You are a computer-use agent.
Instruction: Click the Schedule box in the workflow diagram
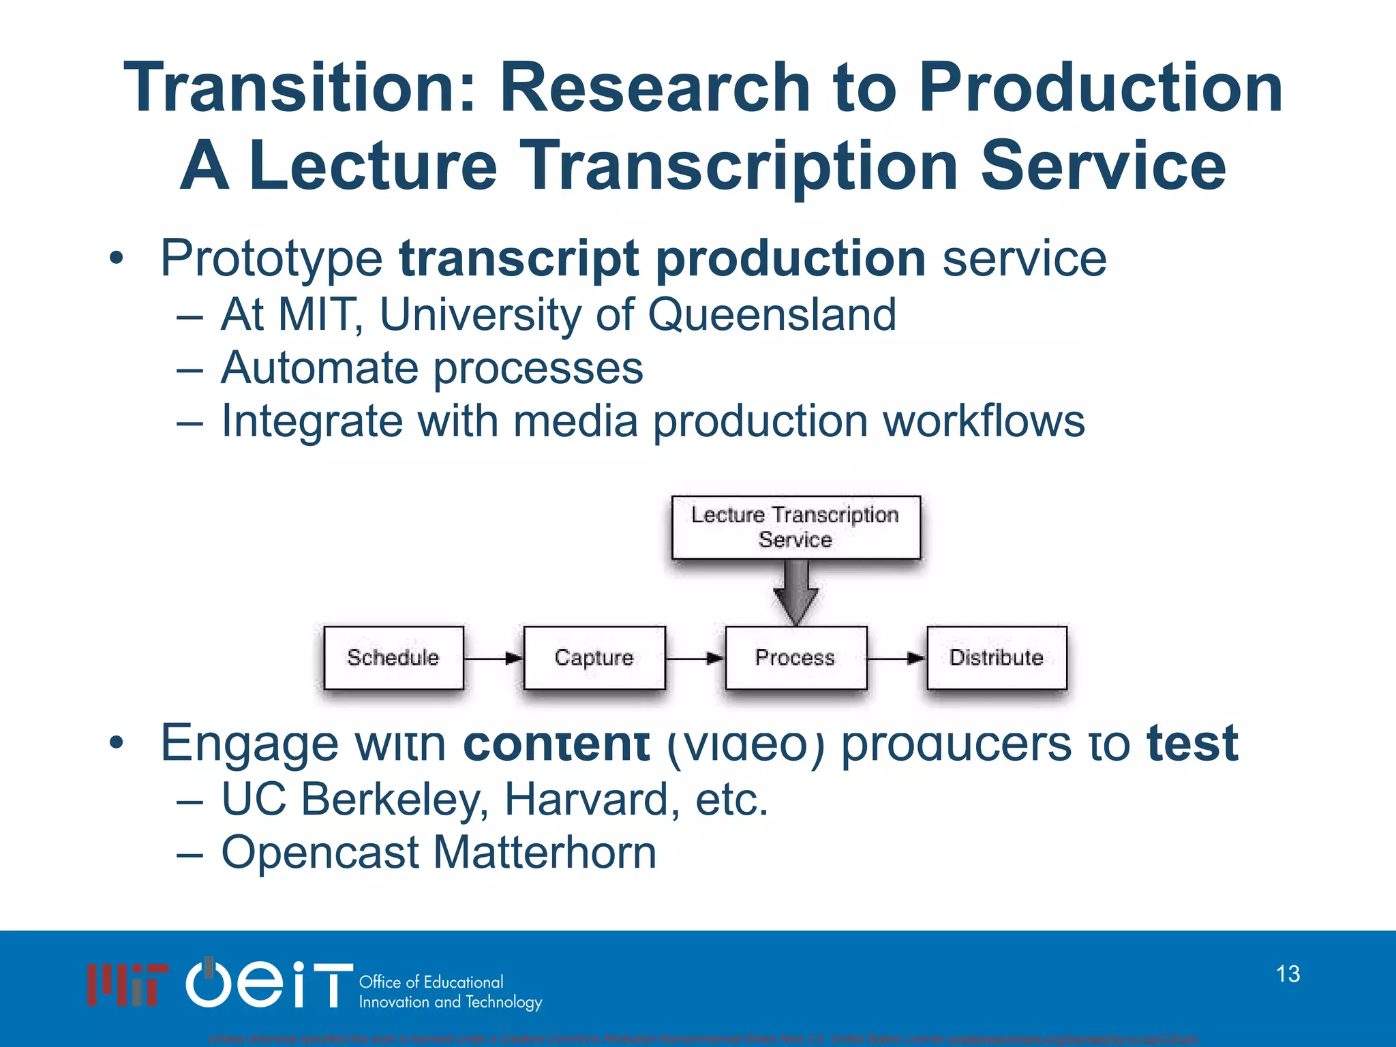click(393, 658)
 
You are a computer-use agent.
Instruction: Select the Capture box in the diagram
click(594, 658)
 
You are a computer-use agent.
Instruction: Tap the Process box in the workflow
click(795, 658)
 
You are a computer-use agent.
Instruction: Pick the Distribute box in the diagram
click(997, 658)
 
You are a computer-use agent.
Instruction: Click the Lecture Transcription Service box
click(795, 527)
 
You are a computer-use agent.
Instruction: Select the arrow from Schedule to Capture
click(494, 658)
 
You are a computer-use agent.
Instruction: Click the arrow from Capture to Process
click(695, 658)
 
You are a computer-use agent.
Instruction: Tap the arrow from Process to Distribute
click(896, 658)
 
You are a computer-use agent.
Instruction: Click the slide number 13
click(1288, 974)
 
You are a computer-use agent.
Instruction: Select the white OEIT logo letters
click(269, 984)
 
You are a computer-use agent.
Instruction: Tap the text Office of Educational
click(431, 982)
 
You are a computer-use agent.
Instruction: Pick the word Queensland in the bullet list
click(772, 315)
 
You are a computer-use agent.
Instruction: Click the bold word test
click(1192, 744)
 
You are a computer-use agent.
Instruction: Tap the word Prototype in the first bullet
click(271, 259)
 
